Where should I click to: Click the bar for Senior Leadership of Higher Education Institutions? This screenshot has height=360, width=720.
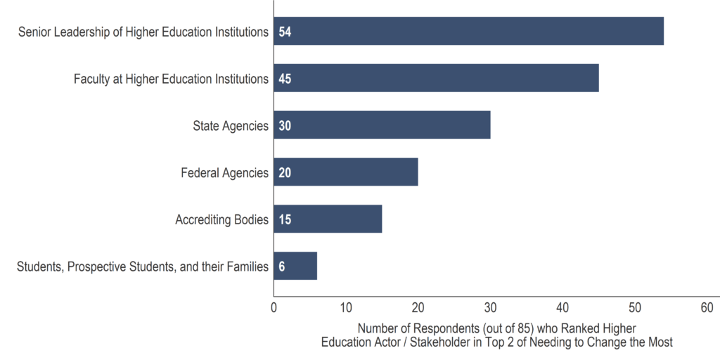coord(468,32)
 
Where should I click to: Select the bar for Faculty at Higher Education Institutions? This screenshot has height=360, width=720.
coord(436,78)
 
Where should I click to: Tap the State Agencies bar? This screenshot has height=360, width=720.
coord(382,125)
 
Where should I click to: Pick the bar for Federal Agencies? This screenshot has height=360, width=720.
coord(346,172)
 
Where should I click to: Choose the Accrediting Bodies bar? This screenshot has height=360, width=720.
coord(328,219)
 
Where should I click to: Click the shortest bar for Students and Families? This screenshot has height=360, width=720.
coord(295,266)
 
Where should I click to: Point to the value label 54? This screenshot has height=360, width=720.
coord(285,32)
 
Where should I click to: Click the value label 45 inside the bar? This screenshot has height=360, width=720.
coord(285,79)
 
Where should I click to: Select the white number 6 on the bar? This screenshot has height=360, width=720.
coord(281,266)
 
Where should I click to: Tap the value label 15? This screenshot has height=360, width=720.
coord(285,219)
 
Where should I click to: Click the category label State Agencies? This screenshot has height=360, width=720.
coord(231,126)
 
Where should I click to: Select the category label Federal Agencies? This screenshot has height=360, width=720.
coord(224,173)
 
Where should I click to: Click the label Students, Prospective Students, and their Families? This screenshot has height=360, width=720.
coord(142,266)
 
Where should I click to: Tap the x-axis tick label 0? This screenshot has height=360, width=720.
coord(274,307)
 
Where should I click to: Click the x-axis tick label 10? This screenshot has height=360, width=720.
coord(346,307)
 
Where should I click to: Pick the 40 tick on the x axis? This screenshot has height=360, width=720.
coord(562,307)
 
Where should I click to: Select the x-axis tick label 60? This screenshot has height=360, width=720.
coord(707,307)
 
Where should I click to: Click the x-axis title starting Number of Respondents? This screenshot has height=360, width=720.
coord(496,335)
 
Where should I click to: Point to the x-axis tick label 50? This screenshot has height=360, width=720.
coord(635,307)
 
